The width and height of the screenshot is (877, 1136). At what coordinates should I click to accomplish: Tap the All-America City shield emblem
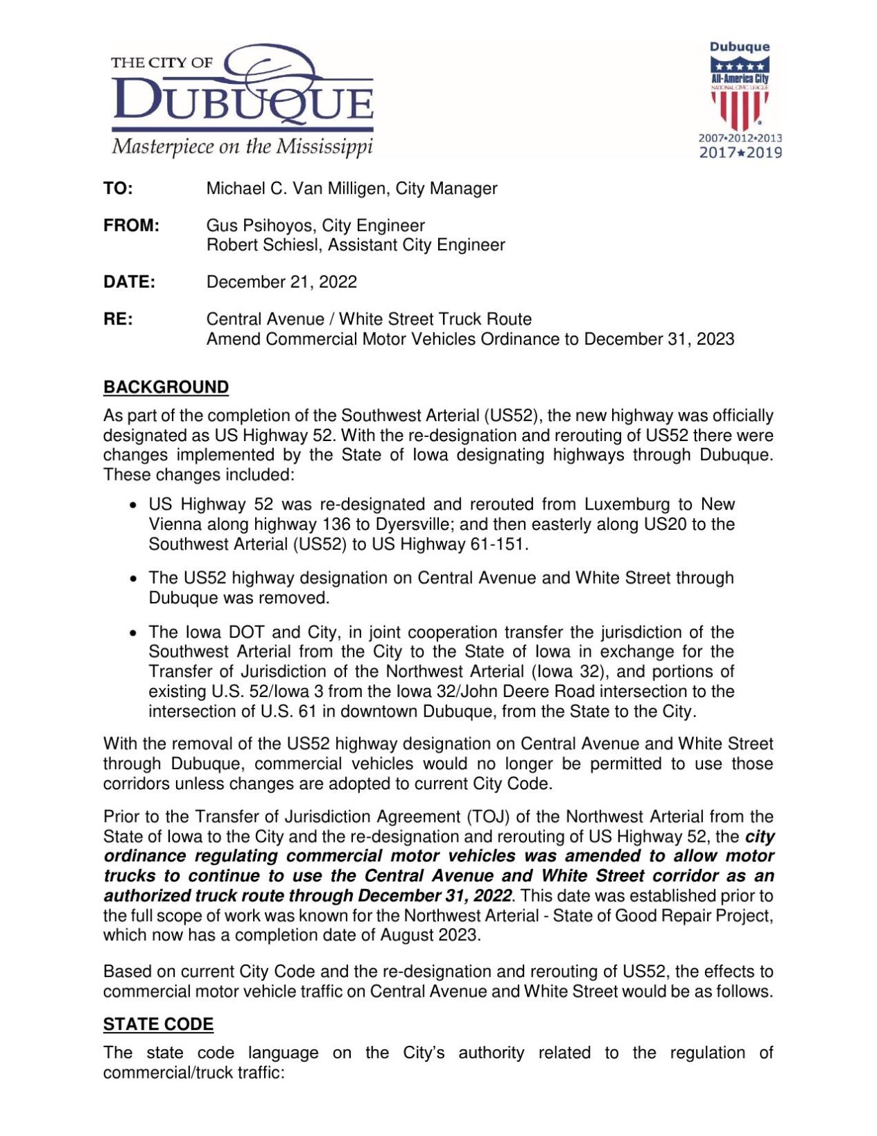click(740, 93)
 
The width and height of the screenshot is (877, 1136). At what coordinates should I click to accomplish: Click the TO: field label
click(118, 189)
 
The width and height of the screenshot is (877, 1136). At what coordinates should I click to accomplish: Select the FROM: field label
click(131, 225)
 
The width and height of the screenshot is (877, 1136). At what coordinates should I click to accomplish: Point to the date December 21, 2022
click(281, 282)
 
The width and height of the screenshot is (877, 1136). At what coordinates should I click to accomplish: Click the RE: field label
click(118, 319)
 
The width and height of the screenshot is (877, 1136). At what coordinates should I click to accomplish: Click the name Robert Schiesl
click(263, 245)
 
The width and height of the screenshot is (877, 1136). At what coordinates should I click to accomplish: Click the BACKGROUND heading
click(166, 387)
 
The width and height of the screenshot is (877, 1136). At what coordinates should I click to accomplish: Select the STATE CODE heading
click(158, 1024)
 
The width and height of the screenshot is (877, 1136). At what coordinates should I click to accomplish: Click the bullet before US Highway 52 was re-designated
click(134, 506)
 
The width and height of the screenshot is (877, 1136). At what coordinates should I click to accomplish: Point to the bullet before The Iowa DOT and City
click(134, 633)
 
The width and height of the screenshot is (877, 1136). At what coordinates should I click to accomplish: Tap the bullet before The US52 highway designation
click(134, 579)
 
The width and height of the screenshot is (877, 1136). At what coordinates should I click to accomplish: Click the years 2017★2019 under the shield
click(740, 153)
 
